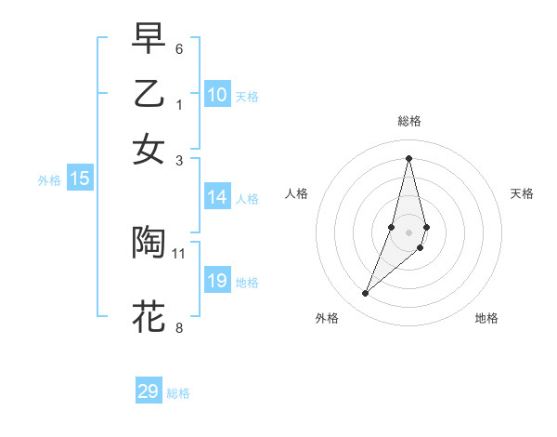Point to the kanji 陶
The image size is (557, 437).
149,242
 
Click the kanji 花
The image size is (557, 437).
149,316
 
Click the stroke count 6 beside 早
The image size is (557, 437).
179,48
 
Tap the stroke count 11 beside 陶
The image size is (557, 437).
179,252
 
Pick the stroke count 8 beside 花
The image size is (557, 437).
179,326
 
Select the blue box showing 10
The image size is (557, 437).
217,95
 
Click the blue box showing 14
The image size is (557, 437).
217,197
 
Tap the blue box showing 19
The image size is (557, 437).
217,281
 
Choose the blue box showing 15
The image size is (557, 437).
80,179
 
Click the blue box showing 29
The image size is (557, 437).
149,391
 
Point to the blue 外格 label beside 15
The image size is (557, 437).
49,180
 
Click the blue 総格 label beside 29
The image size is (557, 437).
178,393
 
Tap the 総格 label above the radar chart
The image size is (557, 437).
408,121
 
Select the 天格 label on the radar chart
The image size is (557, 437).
523,193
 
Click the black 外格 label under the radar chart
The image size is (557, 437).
327,318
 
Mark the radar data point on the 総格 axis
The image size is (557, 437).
408,157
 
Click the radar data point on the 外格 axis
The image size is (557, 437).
365,294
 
